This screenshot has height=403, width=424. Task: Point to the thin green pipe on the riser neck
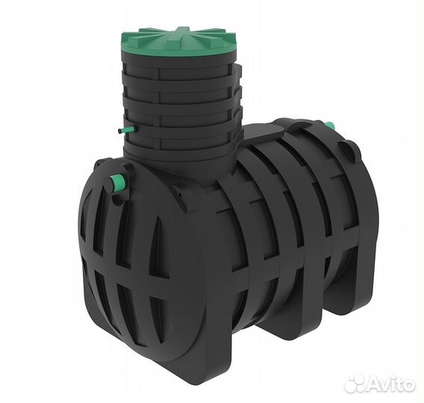click(125, 131)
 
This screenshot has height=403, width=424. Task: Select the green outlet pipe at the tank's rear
click(330, 125)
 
